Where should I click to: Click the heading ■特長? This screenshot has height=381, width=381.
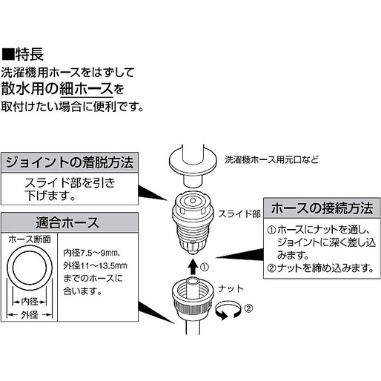[x=27, y=54]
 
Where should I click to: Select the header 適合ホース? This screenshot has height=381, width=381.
[x=70, y=222]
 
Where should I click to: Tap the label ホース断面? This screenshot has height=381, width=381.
[x=30, y=240]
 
